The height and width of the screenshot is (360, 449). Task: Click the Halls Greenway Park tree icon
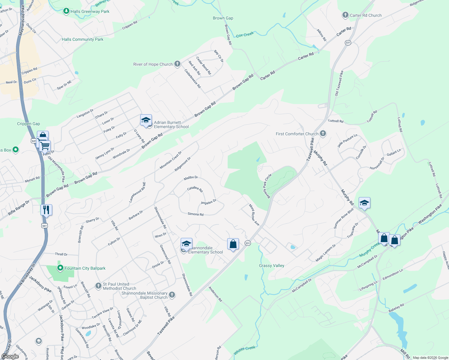click(x=66, y=11)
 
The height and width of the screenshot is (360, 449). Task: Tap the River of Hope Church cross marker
click(x=177, y=64)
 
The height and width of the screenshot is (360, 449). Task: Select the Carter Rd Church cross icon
click(x=345, y=15)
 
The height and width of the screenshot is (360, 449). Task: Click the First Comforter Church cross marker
click(x=323, y=133)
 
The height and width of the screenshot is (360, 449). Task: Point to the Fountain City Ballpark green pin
click(x=60, y=268)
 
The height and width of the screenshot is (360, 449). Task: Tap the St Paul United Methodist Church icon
click(x=98, y=286)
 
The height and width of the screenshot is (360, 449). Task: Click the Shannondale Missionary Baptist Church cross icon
click(x=172, y=295)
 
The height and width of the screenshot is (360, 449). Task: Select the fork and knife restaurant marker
click(x=46, y=210)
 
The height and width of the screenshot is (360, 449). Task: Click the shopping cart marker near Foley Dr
click(x=45, y=146)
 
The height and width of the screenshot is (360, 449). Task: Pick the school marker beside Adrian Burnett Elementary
click(x=146, y=121)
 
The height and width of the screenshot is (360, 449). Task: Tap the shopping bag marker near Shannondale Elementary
click(x=233, y=244)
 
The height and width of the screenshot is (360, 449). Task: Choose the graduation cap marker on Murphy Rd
click(x=364, y=203)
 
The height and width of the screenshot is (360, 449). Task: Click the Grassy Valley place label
click(x=271, y=265)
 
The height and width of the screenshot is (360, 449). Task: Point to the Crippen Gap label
click(x=29, y=124)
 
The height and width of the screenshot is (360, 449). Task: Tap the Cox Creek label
click(x=245, y=35)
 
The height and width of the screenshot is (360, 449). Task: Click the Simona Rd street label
click(x=195, y=214)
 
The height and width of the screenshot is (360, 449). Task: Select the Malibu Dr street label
click(x=191, y=178)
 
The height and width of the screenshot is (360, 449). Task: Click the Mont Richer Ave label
click(x=254, y=215)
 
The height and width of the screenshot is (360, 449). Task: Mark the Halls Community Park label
click(x=83, y=39)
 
